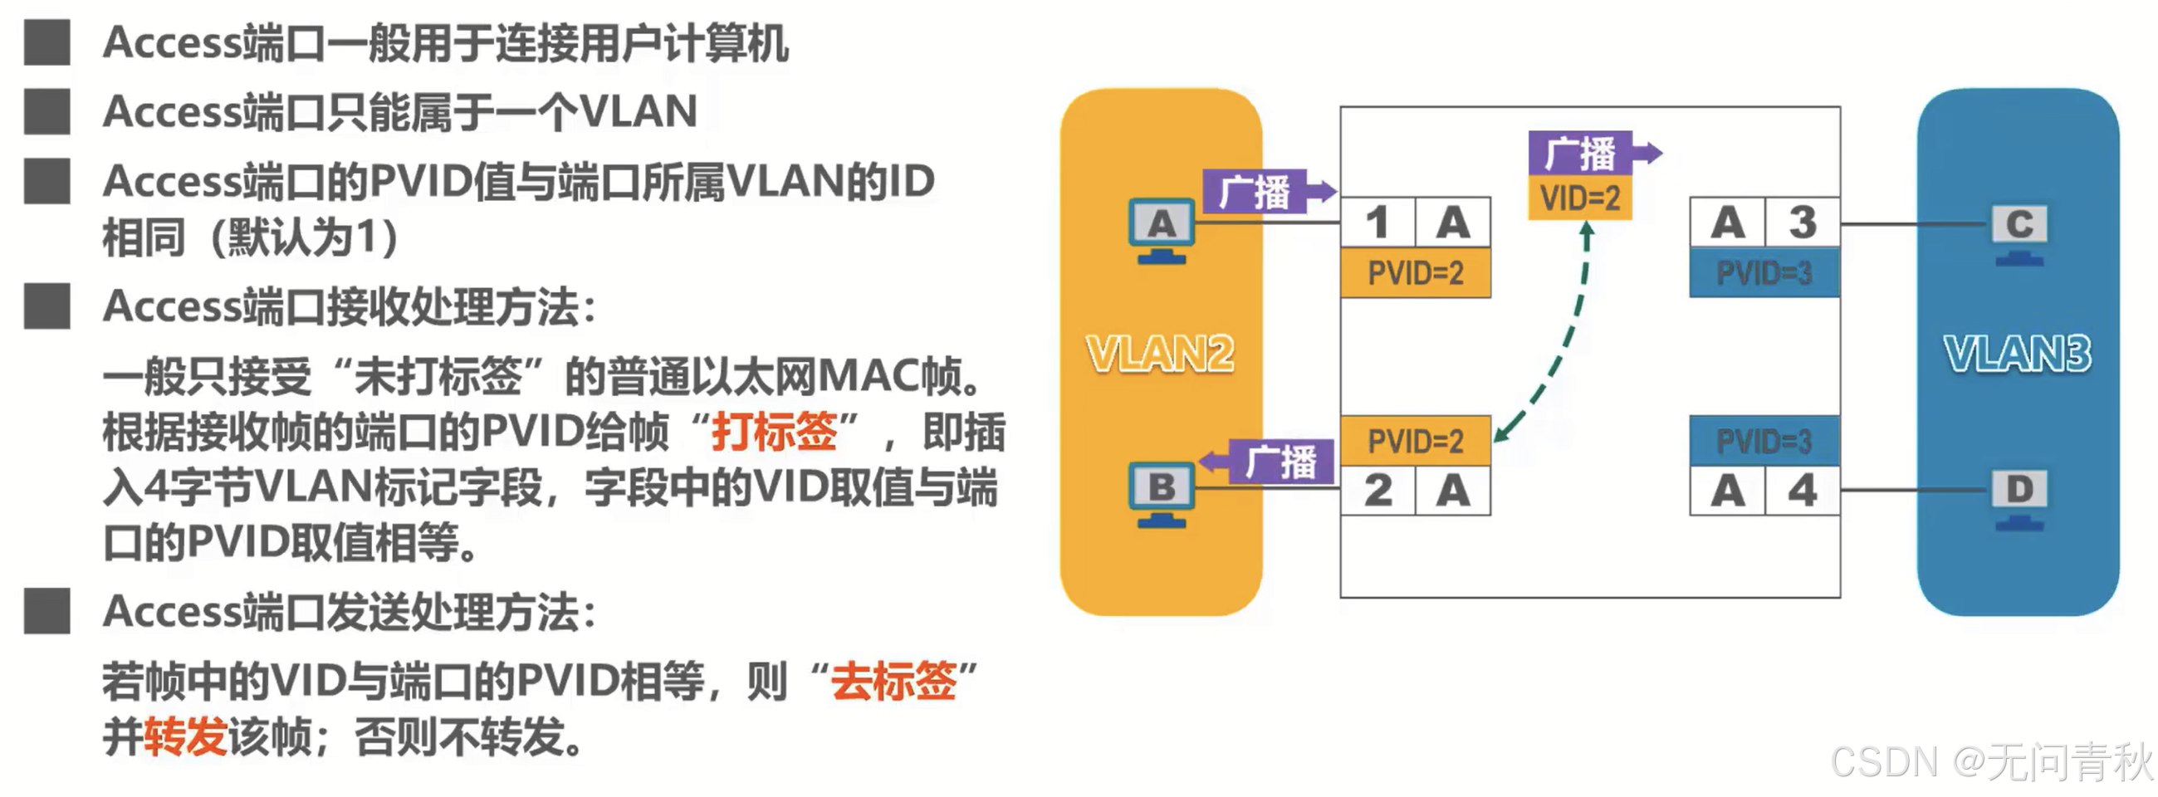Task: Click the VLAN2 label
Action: [x=1160, y=354]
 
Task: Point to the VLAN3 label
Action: [x=2018, y=354]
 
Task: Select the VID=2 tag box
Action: [x=1580, y=198]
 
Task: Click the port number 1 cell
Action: [x=1378, y=222]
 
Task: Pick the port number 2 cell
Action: [x=1378, y=491]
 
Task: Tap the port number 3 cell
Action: [x=1803, y=222]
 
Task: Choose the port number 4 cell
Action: [x=1803, y=491]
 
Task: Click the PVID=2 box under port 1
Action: [x=1416, y=273]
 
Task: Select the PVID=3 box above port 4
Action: [x=1764, y=441]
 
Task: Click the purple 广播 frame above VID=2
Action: [x=1580, y=154]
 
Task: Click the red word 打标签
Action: [x=774, y=432]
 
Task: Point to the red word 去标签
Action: [x=893, y=681]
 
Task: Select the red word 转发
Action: [x=186, y=736]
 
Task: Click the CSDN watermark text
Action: [x=1990, y=763]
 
